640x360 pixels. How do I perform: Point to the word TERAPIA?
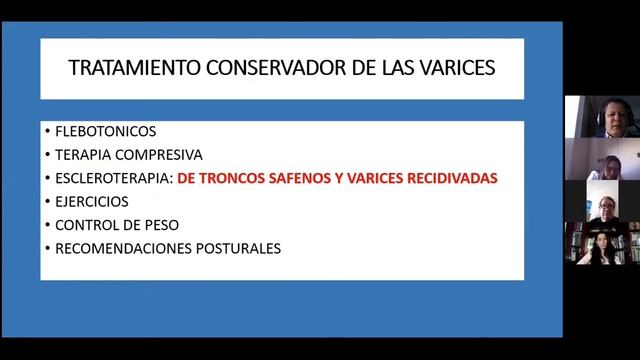click(82, 154)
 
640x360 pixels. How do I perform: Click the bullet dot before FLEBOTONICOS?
click(47, 131)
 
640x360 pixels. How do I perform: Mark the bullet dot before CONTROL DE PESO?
click(47, 224)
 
